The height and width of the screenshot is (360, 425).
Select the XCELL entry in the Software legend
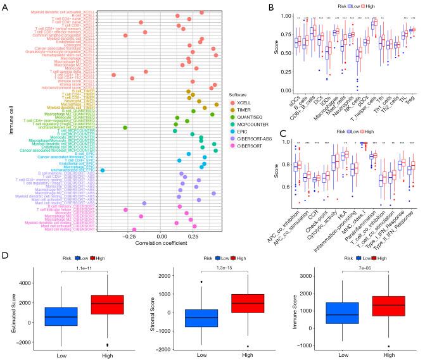pos(242,102)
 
